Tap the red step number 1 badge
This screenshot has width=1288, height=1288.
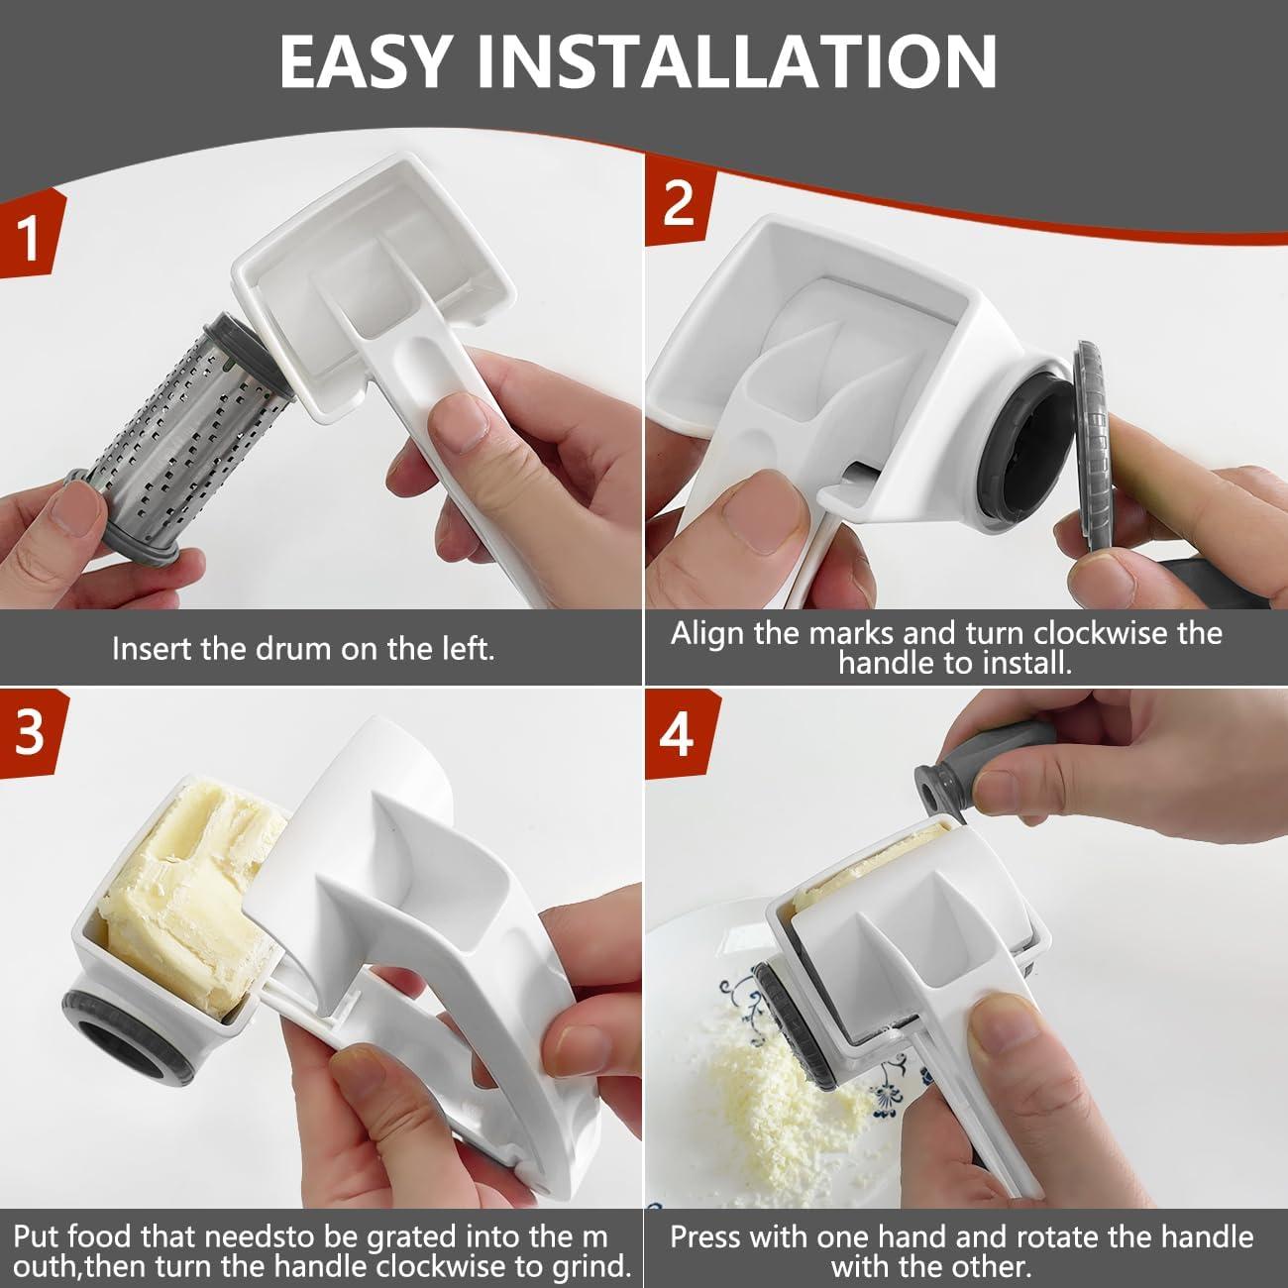coord(32,237)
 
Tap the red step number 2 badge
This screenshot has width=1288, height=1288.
coord(679,205)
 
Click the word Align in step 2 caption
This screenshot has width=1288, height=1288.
coord(707,634)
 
